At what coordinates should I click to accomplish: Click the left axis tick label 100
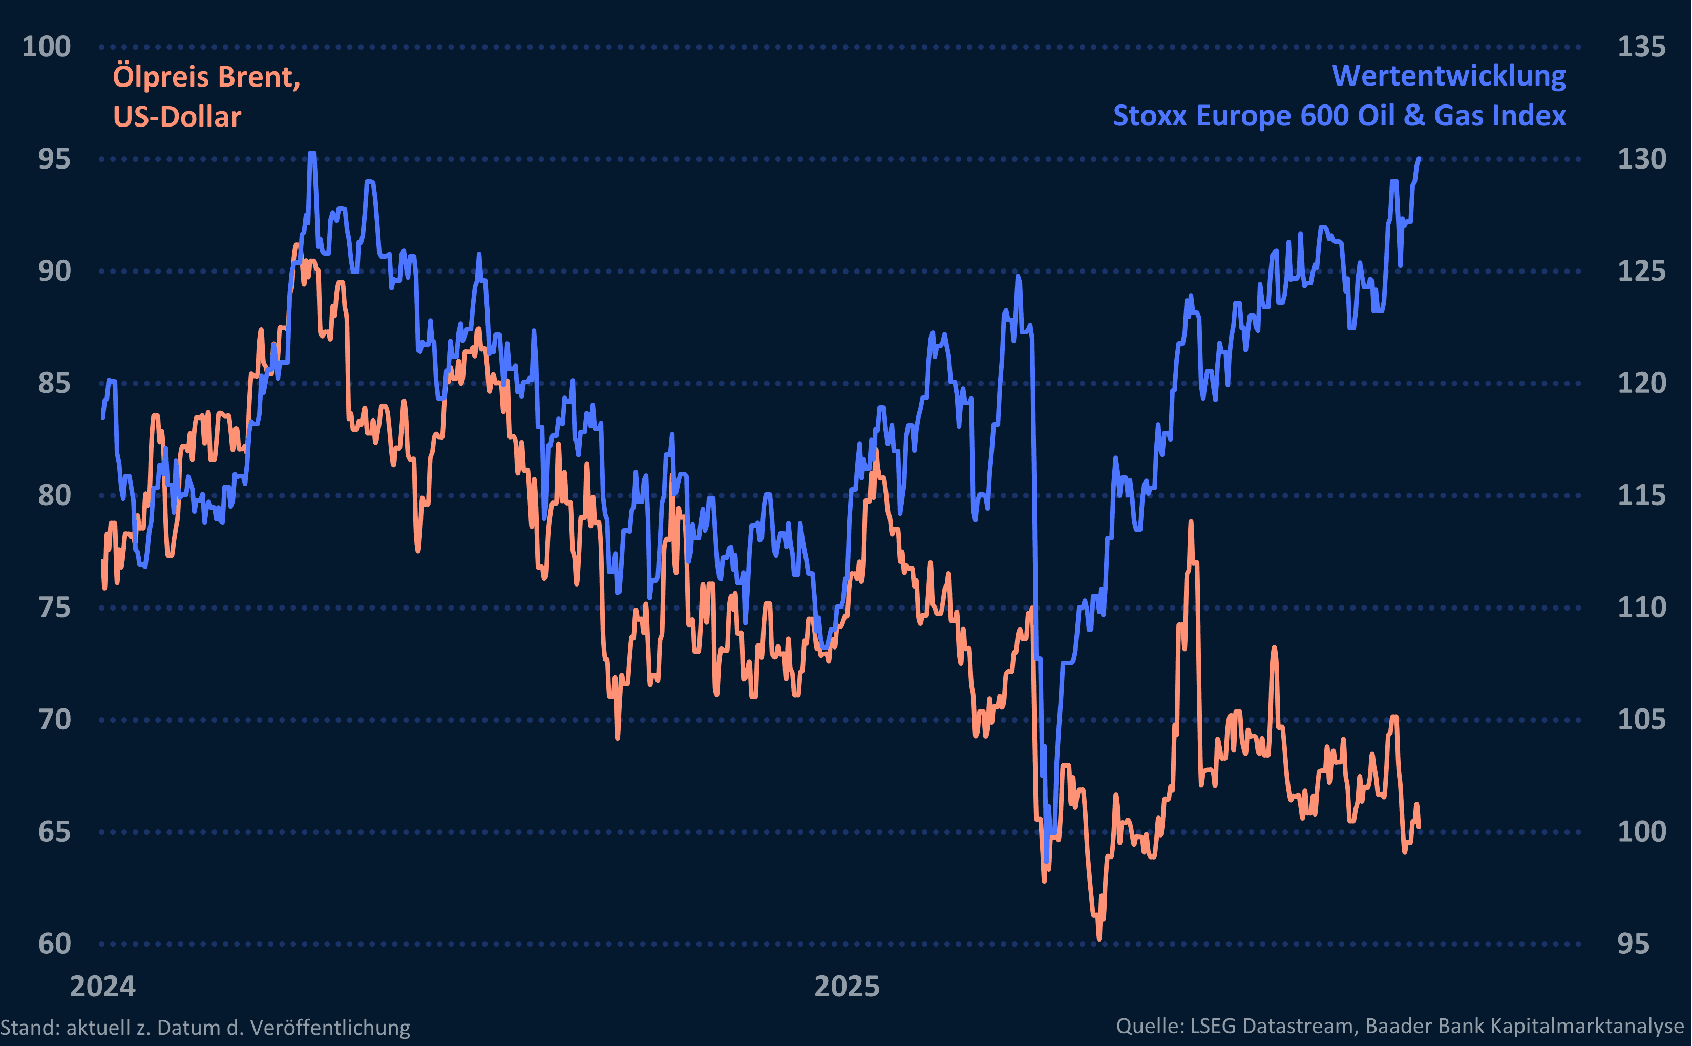[46, 47]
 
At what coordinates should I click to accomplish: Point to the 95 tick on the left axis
[54, 159]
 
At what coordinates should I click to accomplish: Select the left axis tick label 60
[54, 944]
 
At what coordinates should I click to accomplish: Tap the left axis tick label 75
[54, 608]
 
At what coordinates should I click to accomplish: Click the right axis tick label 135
[1641, 47]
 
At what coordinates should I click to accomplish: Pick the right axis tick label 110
[1641, 608]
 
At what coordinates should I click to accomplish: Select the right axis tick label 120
[1641, 383]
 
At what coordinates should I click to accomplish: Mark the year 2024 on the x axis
[103, 986]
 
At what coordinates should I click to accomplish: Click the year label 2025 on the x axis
[847, 986]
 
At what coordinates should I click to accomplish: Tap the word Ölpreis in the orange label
[160, 77]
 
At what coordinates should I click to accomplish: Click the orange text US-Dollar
[177, 116]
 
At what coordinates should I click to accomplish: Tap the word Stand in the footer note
[28, 1028]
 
